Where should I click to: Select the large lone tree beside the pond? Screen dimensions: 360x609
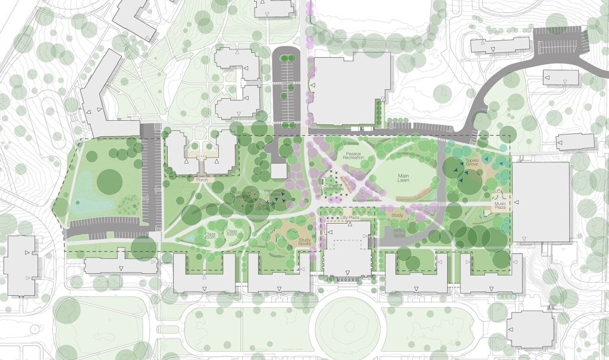pos(109,181)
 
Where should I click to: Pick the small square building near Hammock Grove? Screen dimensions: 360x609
pos(278,171)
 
